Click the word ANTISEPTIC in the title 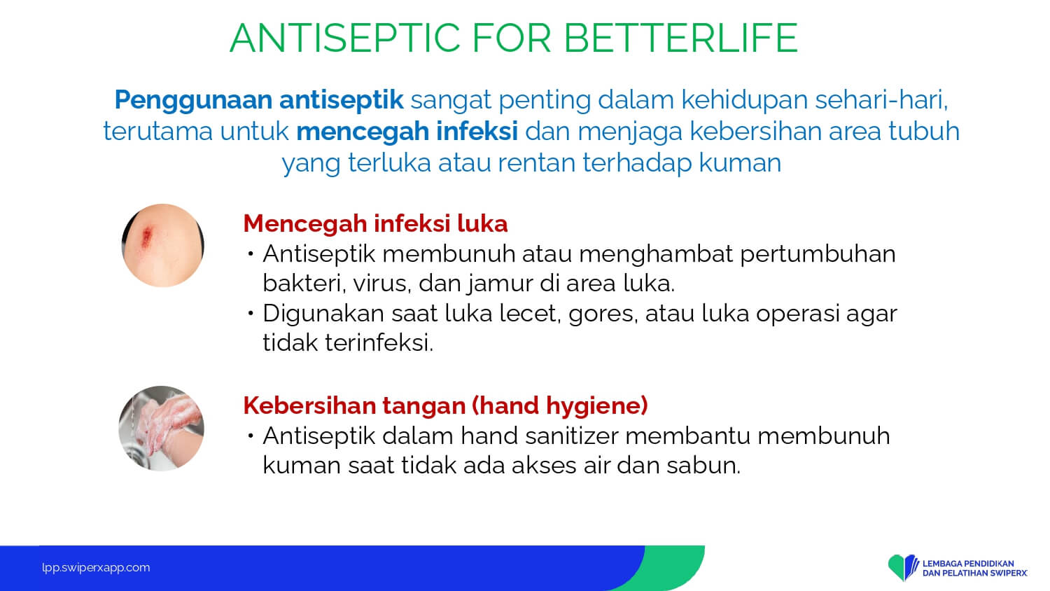point(345,38)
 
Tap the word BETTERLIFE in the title point(681,38)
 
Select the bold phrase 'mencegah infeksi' point(407,131)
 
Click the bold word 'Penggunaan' point(193,100)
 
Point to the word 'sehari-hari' point(881,99)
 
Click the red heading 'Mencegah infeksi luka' point(375,223)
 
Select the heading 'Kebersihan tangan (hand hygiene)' point(445,405)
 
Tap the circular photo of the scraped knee point(162,245)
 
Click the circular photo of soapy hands point(161,429)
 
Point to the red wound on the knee point(147,237)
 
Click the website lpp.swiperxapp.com point(96,568)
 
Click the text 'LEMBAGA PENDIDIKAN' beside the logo point(968,563)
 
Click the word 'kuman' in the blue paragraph point(740,163)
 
